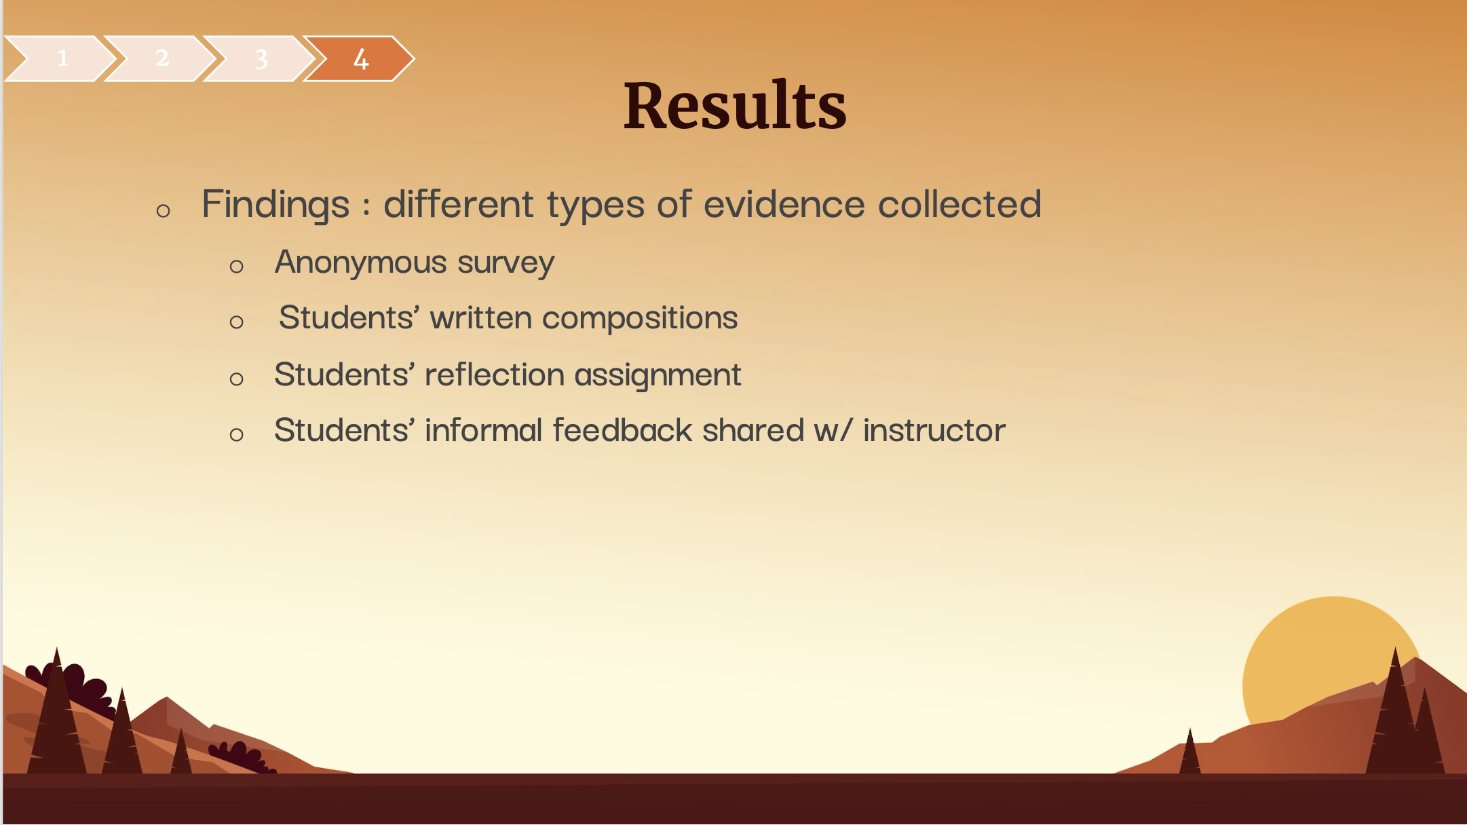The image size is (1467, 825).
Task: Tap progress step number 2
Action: click(161, 58)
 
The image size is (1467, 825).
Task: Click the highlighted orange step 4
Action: click(360, 58)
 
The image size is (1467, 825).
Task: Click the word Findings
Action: click(275, 204)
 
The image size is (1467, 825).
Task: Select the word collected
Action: click(959, 204)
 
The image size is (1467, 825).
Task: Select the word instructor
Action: click(934, 430)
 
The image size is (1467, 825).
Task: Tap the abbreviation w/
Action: click(833, 430)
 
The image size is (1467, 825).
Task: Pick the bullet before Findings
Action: click(163, 211)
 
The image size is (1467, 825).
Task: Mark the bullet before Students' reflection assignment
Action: click(236, 379)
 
